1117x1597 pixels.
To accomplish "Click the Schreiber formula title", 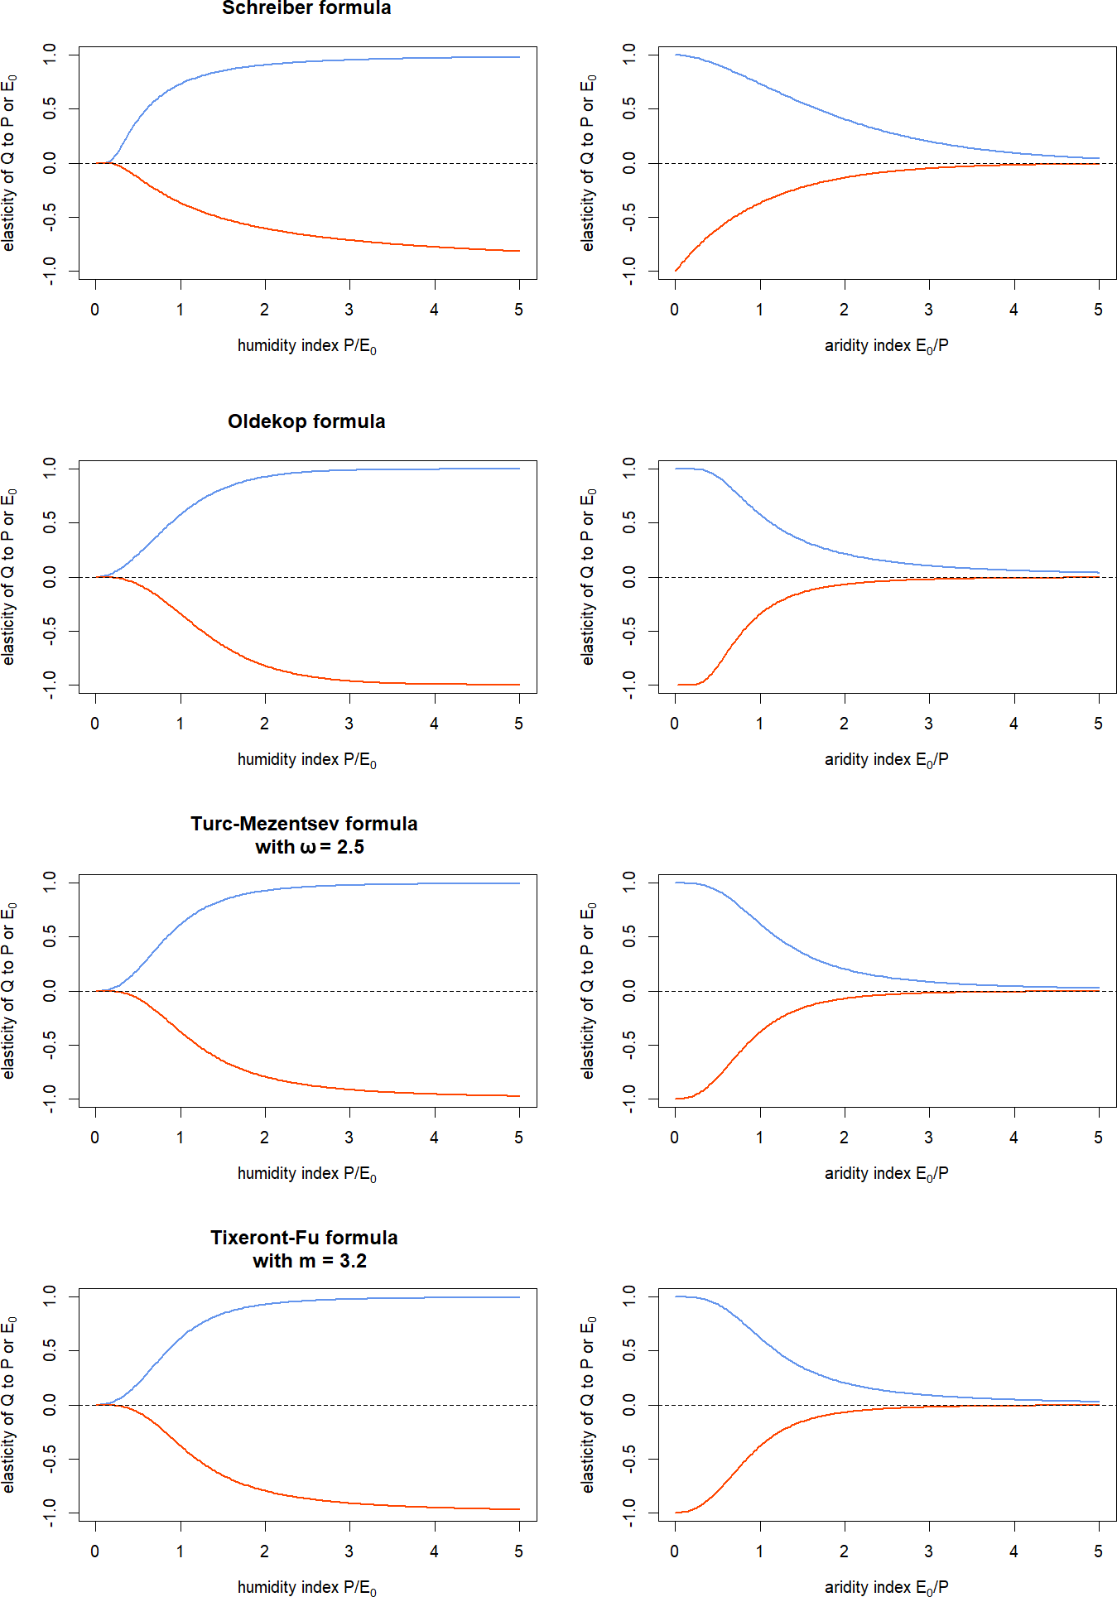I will [x=306, y=8].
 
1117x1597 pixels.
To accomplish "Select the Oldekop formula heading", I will [x=306, y=421].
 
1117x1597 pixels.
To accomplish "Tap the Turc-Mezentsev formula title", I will [x=304, y=824].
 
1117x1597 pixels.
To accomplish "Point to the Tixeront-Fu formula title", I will [x=304, y=1238].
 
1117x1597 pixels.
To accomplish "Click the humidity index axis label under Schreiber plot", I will [x=306, y=346].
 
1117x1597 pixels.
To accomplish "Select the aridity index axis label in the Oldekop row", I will [x=886, y=760].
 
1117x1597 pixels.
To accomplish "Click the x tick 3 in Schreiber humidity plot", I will [x=349, y=310].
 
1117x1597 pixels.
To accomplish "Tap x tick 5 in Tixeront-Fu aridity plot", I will [x=1098, y=1551].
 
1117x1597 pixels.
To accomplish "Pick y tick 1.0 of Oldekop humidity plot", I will [x=50, y=469].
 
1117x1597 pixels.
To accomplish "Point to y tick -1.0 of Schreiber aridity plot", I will [x=629, y=271].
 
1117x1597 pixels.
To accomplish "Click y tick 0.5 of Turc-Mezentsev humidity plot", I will [x=50, y=936].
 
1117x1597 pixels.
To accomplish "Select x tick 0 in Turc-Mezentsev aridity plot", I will [x=675, y=1138].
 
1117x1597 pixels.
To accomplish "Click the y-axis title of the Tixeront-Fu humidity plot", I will [x=8, y=1404].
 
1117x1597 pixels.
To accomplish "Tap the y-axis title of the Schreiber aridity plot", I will [x=588, y=162].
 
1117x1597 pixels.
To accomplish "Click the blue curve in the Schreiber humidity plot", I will [x=265, y=65].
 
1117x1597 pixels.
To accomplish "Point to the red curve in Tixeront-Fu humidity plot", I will [x=265, y=1489].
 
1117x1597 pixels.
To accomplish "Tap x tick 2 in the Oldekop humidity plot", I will [x=264, y=724].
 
